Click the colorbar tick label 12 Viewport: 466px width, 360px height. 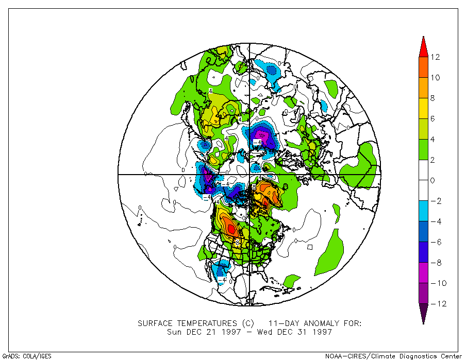(436, 57)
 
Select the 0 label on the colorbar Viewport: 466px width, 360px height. (432, 180)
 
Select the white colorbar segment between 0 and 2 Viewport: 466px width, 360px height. (423, 170)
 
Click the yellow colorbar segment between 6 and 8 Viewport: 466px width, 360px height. (423, 109)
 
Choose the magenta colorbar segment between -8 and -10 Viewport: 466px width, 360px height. (423, 273)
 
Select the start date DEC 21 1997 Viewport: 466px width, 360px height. (211, 332)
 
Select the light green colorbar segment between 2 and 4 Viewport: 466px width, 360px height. (423, 149)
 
